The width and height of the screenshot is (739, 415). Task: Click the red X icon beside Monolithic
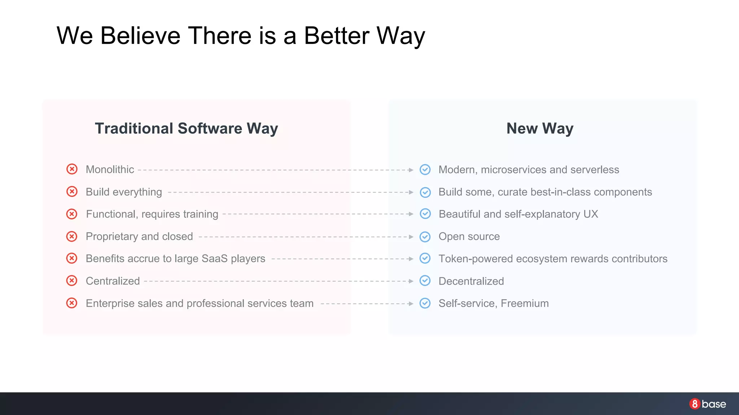[x=72, y=169]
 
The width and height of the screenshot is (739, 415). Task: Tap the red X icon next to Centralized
[x=72, y=281]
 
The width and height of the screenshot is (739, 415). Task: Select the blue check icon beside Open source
[x=425, y=237]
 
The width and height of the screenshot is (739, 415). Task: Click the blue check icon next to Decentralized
[x=425, y=281]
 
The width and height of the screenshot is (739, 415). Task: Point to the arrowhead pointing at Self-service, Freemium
[x=411, y=304]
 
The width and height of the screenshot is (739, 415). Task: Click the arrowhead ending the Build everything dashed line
[x=411, y=192]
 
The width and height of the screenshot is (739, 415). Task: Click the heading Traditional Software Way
[x=186, y=129]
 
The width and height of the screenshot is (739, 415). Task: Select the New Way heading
[x=540, y=129]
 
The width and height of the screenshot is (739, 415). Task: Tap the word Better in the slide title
[x=337, y=36]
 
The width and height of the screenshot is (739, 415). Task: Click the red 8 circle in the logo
[x=695, y=404]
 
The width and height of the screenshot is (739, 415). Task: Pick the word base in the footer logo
[x=714, y=404]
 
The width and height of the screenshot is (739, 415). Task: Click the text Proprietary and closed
[x=139, y=237]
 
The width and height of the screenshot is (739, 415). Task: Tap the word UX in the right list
[x=591, y=214]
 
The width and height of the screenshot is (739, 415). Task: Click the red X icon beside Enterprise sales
[x=72, y=303]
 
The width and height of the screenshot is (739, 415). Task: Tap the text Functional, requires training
[x=152, y=214]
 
